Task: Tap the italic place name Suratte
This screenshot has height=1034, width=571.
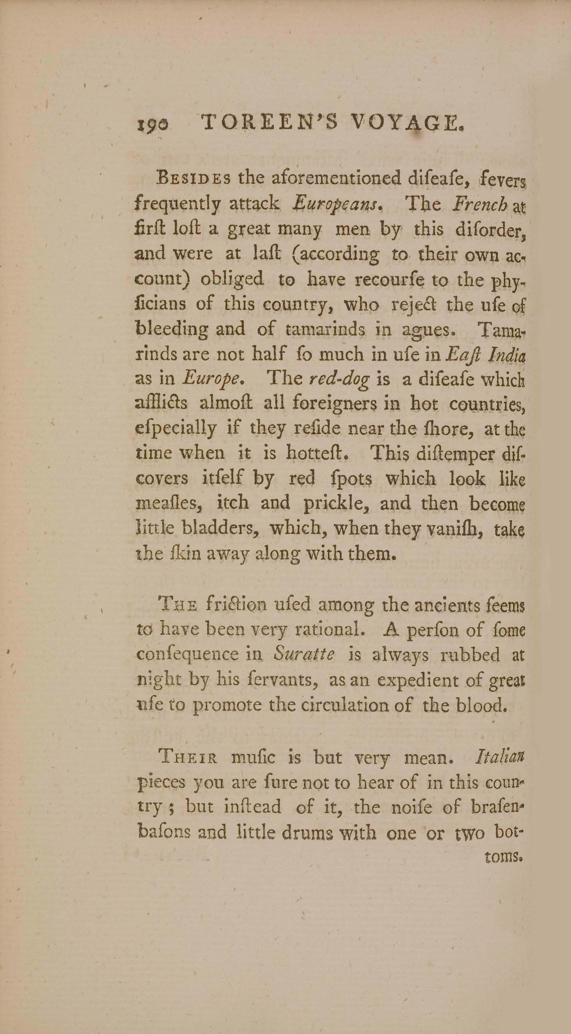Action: coord(303,655)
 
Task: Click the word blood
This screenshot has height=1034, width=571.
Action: coord(481,705)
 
